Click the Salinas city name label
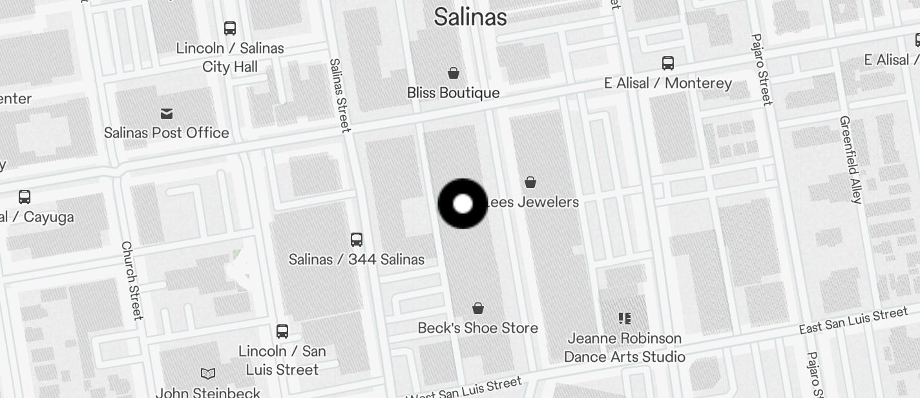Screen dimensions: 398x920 [x=470, y=17]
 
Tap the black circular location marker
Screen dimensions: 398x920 [x=463, y=204]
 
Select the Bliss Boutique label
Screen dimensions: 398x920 [x=453, y=92]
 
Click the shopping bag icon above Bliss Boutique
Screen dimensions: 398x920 [x=454, y=73]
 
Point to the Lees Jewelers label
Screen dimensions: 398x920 [x=532, y=202]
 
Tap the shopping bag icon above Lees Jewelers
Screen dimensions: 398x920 [x=530, y=182]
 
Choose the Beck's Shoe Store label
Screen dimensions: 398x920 [x=477, y=328]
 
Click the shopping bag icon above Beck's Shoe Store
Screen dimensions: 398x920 [x=478, y=308]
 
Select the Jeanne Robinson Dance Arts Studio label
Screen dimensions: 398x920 [x=624, y=347]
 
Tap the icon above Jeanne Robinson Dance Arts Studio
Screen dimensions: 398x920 [x=624, y=318]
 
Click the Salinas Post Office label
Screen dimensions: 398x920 [x=167, y=132]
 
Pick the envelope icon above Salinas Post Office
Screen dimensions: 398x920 [x=167, y=114]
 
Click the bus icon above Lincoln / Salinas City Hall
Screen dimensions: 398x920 [x=230, y=28]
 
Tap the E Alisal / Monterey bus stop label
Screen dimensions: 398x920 [x=668, y=83]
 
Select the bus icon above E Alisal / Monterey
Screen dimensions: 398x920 [x=668, y=63]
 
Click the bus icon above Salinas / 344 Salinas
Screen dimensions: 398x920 [x=356, y=240]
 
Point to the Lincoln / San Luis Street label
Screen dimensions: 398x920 [x=282, y=360]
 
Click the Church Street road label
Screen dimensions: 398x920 [x=131, y=280]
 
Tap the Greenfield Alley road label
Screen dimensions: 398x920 [x=851, y=160]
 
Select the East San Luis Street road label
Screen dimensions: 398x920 [x=853, y=321]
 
